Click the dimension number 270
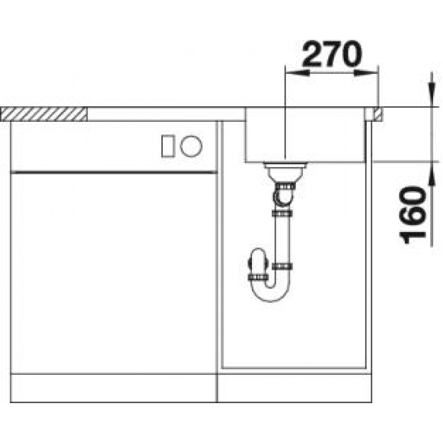coord(332,54)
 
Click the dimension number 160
coord(413,215)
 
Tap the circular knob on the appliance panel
coord(191,146)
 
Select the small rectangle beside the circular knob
coord(167,146)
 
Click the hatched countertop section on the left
coord(44,114)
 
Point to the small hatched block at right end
coord(378,114)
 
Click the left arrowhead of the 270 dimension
coord(297,73)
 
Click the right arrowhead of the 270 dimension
coord(366,73)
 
